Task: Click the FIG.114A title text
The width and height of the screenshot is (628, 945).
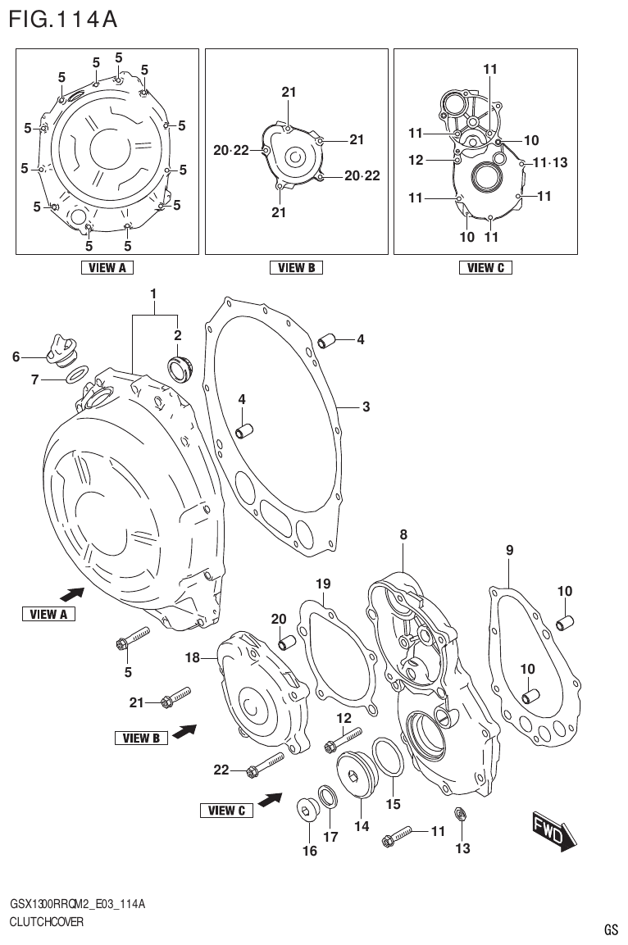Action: pyautogui.click(x=64, y=18)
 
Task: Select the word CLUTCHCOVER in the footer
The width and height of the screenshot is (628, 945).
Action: pyautogui.click(x=47, y=921)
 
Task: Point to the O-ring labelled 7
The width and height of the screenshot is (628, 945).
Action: pyautogui.click(x=76, y=376)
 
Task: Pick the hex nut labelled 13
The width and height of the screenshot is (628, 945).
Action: pyautogui.click(x=460, y=815)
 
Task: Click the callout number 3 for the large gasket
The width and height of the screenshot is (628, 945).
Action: pyautogui.click(x=366, y=407)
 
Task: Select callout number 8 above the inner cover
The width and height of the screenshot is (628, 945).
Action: pyautogui.click(x=403, y=534)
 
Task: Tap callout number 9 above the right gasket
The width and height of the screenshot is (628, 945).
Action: pyautogui.click(x=509, y=551)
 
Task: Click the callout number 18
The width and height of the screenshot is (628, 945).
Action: pyautogui.click(x=193, y=657)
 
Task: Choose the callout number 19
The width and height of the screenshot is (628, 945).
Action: pyautogui.click(x=323, y=584)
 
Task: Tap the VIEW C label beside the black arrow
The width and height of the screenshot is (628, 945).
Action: pyautogui.click(x=226, y=811)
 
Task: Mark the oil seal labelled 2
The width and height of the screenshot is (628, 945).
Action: pyautogui.click(x=180, y=368)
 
